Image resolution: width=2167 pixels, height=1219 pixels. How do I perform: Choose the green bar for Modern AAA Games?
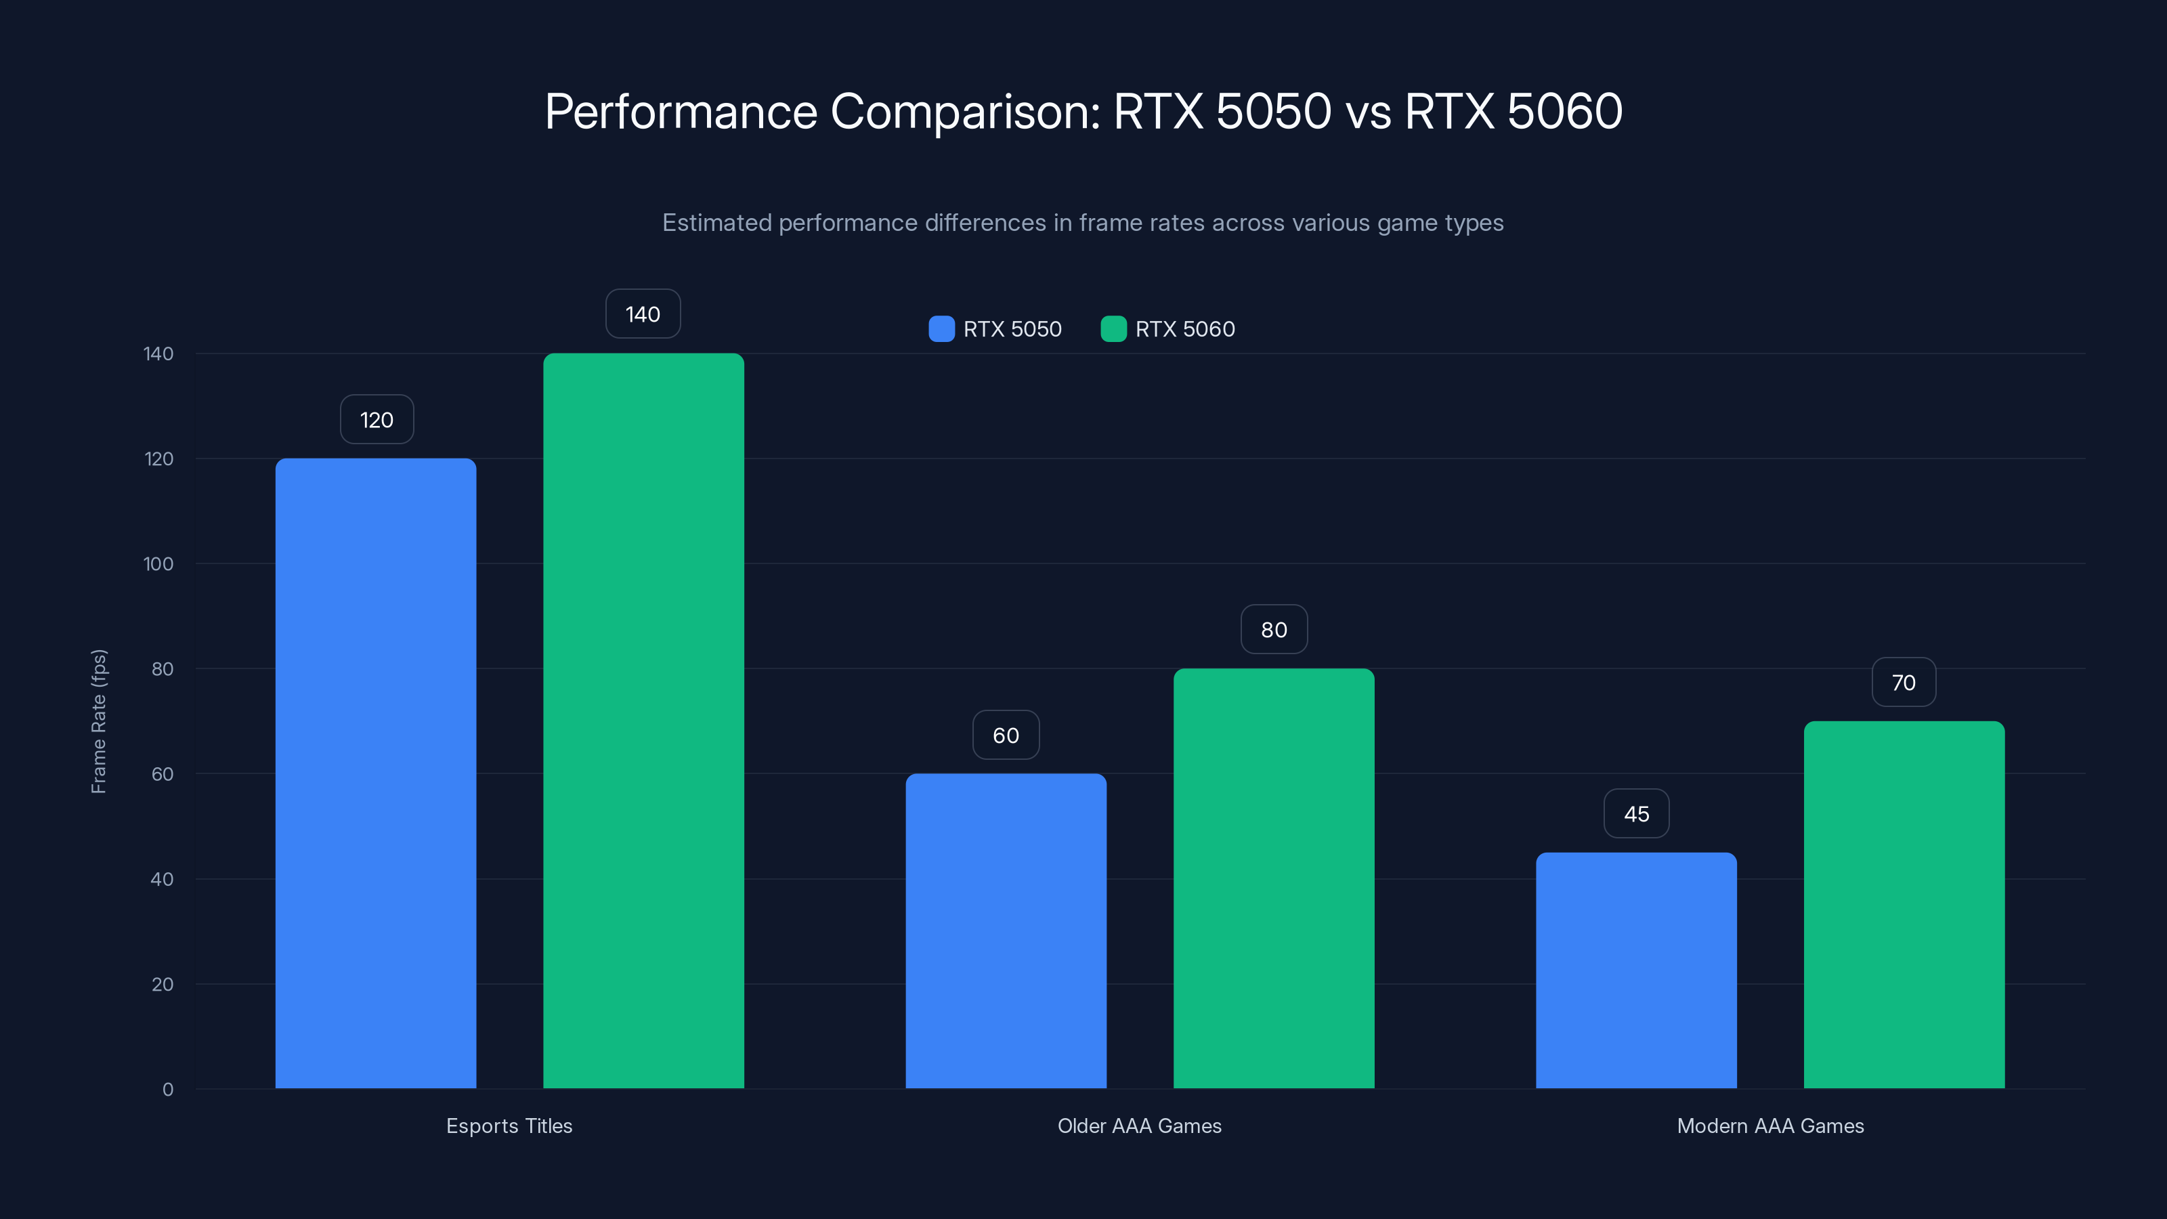pyautogui.click(x=1904, y=904)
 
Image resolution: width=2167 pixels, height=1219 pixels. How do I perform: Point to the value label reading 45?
pyautogui.click(x=1636, y=813)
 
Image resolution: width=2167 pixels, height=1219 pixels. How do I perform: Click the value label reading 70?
pyautogui.click(x=1904, y=682)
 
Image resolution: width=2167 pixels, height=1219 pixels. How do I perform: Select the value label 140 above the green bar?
pyautogui.click(x=643, y=314)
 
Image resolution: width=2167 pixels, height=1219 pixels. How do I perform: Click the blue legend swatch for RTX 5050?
pyautogui.click(x=941, y=329)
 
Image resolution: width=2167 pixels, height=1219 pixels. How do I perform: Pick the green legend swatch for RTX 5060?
pyautogui.click(x=1113, y=329)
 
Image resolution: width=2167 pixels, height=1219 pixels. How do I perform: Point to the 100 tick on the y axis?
pyautogui.click(x=158, y=563)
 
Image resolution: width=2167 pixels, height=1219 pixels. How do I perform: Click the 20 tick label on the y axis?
pyautogui.click(x=163, y=984)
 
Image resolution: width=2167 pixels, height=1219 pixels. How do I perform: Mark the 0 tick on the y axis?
pyautogui.click(x=168, y=1090)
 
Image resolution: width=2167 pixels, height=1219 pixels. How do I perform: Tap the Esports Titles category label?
pyautogui.click(x=509, y=1126)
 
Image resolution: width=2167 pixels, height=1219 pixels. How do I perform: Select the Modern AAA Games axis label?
pyautogui.click(x=1770, y=1126)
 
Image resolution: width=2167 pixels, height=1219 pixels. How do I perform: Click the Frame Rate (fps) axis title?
pyautogui.click(x=98, y=721)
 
